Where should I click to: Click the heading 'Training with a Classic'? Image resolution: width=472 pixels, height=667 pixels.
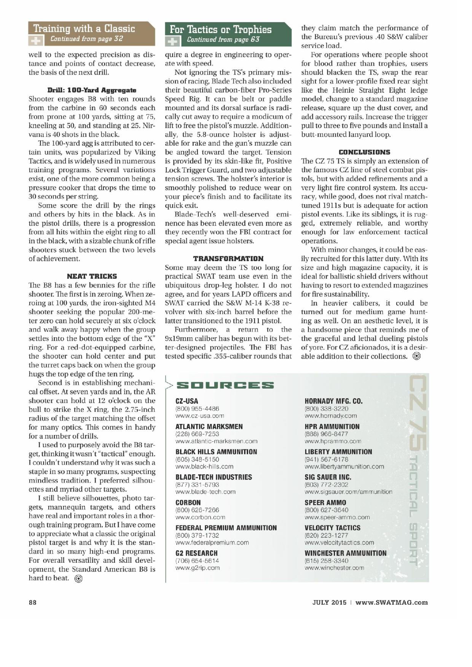coord(84,29)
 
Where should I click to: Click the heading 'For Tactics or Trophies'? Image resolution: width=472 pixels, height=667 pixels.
coord(220,29)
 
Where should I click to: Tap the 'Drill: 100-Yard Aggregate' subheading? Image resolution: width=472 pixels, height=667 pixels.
coord(92,90)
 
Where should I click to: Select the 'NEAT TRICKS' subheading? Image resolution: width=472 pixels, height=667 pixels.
coord(92,276)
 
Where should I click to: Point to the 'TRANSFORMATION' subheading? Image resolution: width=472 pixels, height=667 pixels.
coord(228,259)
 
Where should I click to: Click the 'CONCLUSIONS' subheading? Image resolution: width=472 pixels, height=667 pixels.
coord(364,152)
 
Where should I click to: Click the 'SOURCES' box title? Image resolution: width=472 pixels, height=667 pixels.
coord(225,385)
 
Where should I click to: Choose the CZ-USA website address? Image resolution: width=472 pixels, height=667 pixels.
coord(199,416)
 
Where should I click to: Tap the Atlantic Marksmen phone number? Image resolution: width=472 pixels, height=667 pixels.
coord(197,434)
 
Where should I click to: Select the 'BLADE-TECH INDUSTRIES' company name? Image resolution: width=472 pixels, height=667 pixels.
coord(214,477)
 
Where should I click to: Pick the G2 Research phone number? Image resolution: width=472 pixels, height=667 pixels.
coord(197,561)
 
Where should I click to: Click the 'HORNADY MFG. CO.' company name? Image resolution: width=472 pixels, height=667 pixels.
coord(333,401)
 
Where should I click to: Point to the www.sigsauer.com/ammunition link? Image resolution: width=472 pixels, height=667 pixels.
coord(348,492)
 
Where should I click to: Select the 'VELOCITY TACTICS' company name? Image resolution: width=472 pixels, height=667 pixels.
coord(332,527)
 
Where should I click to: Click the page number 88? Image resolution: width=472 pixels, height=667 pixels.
coord(32,602)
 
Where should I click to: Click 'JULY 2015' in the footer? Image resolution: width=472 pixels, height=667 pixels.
coord(329,602)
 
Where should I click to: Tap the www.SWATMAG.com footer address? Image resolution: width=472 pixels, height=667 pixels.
coord(391,602)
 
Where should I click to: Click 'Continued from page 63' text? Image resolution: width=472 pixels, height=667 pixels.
coord(223,40)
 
